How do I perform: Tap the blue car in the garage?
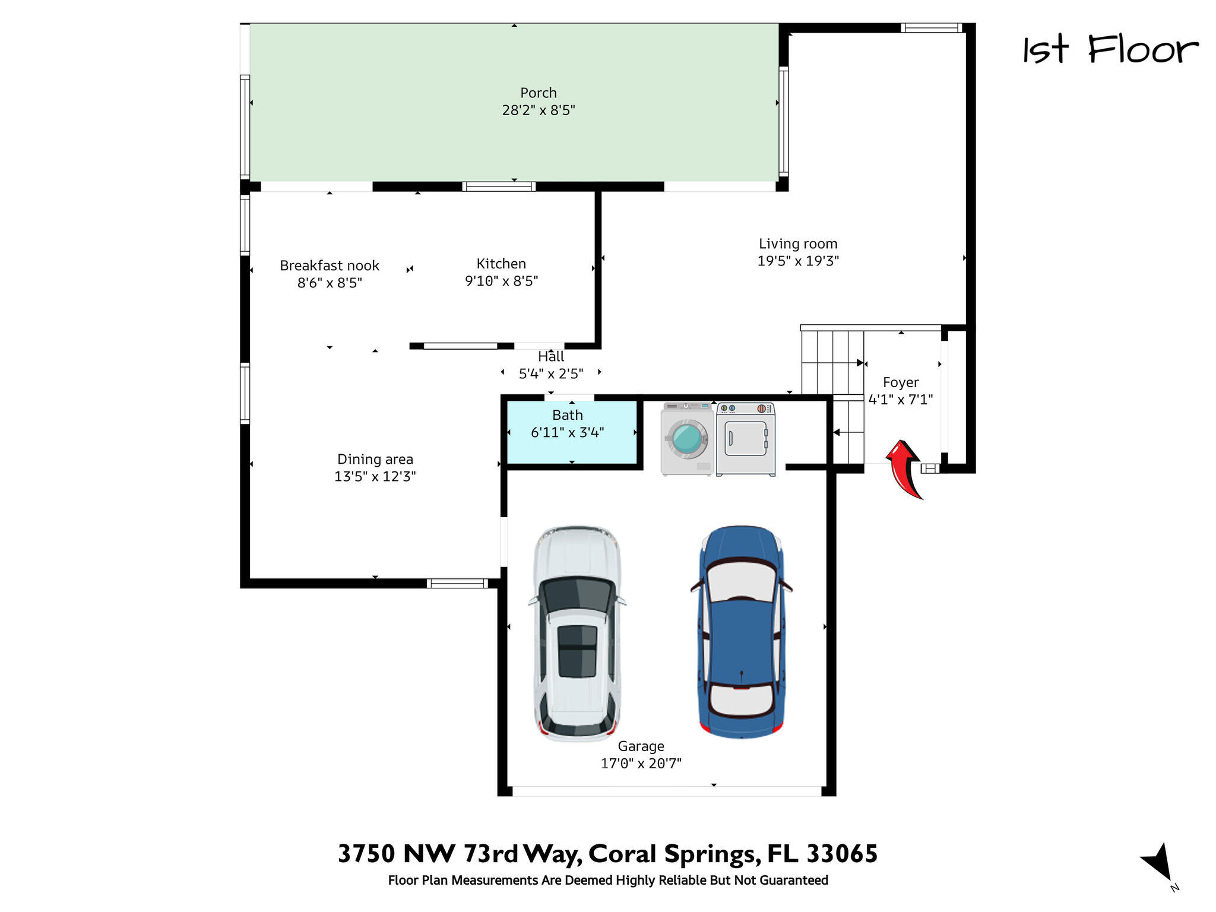tap(741, 632)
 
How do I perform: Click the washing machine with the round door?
tap(687, 439)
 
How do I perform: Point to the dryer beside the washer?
tap(746, 439)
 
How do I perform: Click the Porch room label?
tap(539, 93)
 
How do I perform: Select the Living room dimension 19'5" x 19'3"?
tap(798, 261)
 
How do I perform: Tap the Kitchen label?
tap(501, 264)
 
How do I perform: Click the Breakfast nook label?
tap(330, 265)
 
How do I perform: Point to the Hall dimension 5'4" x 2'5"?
tap(551, 373)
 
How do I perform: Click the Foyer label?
tap(901, 382)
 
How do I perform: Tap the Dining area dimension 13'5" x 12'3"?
tap(375, 476)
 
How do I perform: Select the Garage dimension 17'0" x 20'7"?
tap(641, 764)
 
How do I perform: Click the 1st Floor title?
tap(1110, 49)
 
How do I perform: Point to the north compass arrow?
tap(1158, 862)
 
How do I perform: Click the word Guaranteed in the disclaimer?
tap(794, 881)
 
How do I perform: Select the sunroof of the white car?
tap(577, 651)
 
